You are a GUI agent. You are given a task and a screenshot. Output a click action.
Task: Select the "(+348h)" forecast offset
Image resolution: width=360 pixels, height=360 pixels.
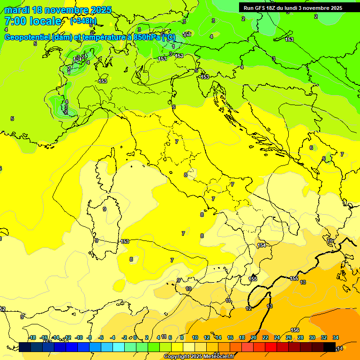(x=83, y=21)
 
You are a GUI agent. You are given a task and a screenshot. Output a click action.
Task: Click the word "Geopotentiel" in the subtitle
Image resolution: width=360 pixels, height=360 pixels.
(x=28, y=37)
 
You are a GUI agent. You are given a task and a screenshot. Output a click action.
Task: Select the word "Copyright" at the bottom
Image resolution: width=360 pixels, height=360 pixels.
(x=177, y=357)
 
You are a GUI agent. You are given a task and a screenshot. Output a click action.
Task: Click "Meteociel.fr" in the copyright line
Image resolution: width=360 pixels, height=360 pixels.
(x=218, y=357)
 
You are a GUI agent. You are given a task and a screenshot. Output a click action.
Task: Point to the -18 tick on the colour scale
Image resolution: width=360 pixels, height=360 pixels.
(x=32, y=337)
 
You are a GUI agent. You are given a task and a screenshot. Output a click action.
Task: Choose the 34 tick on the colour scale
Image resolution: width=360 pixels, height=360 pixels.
(x=336, y=337)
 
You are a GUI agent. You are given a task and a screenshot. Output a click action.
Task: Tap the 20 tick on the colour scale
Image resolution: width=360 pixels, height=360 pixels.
(x=254, y=337)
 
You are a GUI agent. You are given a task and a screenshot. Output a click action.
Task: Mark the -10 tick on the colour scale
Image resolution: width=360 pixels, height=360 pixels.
(x=79, y=337)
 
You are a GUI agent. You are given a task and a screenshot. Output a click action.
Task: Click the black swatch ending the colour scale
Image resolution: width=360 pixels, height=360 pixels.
(x=330, y=347)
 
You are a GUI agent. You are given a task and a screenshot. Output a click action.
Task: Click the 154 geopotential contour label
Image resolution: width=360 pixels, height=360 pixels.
(x=262, y=245)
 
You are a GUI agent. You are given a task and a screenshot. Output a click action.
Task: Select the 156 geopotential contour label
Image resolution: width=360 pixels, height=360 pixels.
(x=295, y=330)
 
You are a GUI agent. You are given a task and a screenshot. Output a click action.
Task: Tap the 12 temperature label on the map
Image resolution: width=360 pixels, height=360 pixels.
(x=248, y=308)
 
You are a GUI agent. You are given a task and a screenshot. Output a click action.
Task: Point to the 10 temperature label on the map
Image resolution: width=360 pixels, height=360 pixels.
(x=188, y=289)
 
